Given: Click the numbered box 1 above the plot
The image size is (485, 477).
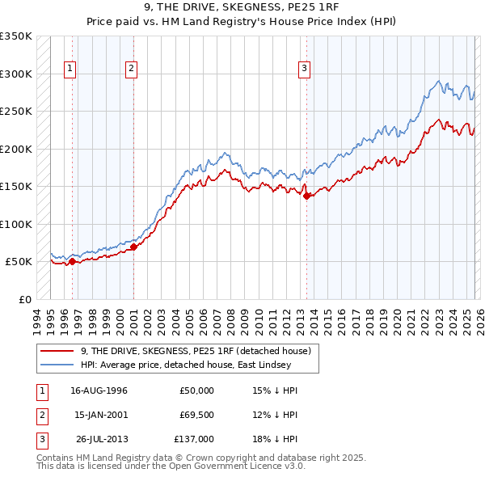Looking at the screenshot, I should click(71, 70).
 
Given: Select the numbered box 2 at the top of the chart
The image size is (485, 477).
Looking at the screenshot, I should click(131, 70).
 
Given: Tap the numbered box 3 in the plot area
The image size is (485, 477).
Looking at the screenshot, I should click(304, 70).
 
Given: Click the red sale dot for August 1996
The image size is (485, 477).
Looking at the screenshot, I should click(73, 261).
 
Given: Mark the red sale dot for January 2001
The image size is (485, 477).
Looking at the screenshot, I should click(133, 247).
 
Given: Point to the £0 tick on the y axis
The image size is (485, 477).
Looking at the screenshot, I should click(24, 299).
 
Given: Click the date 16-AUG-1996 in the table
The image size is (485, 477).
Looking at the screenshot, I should click(99, 390).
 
